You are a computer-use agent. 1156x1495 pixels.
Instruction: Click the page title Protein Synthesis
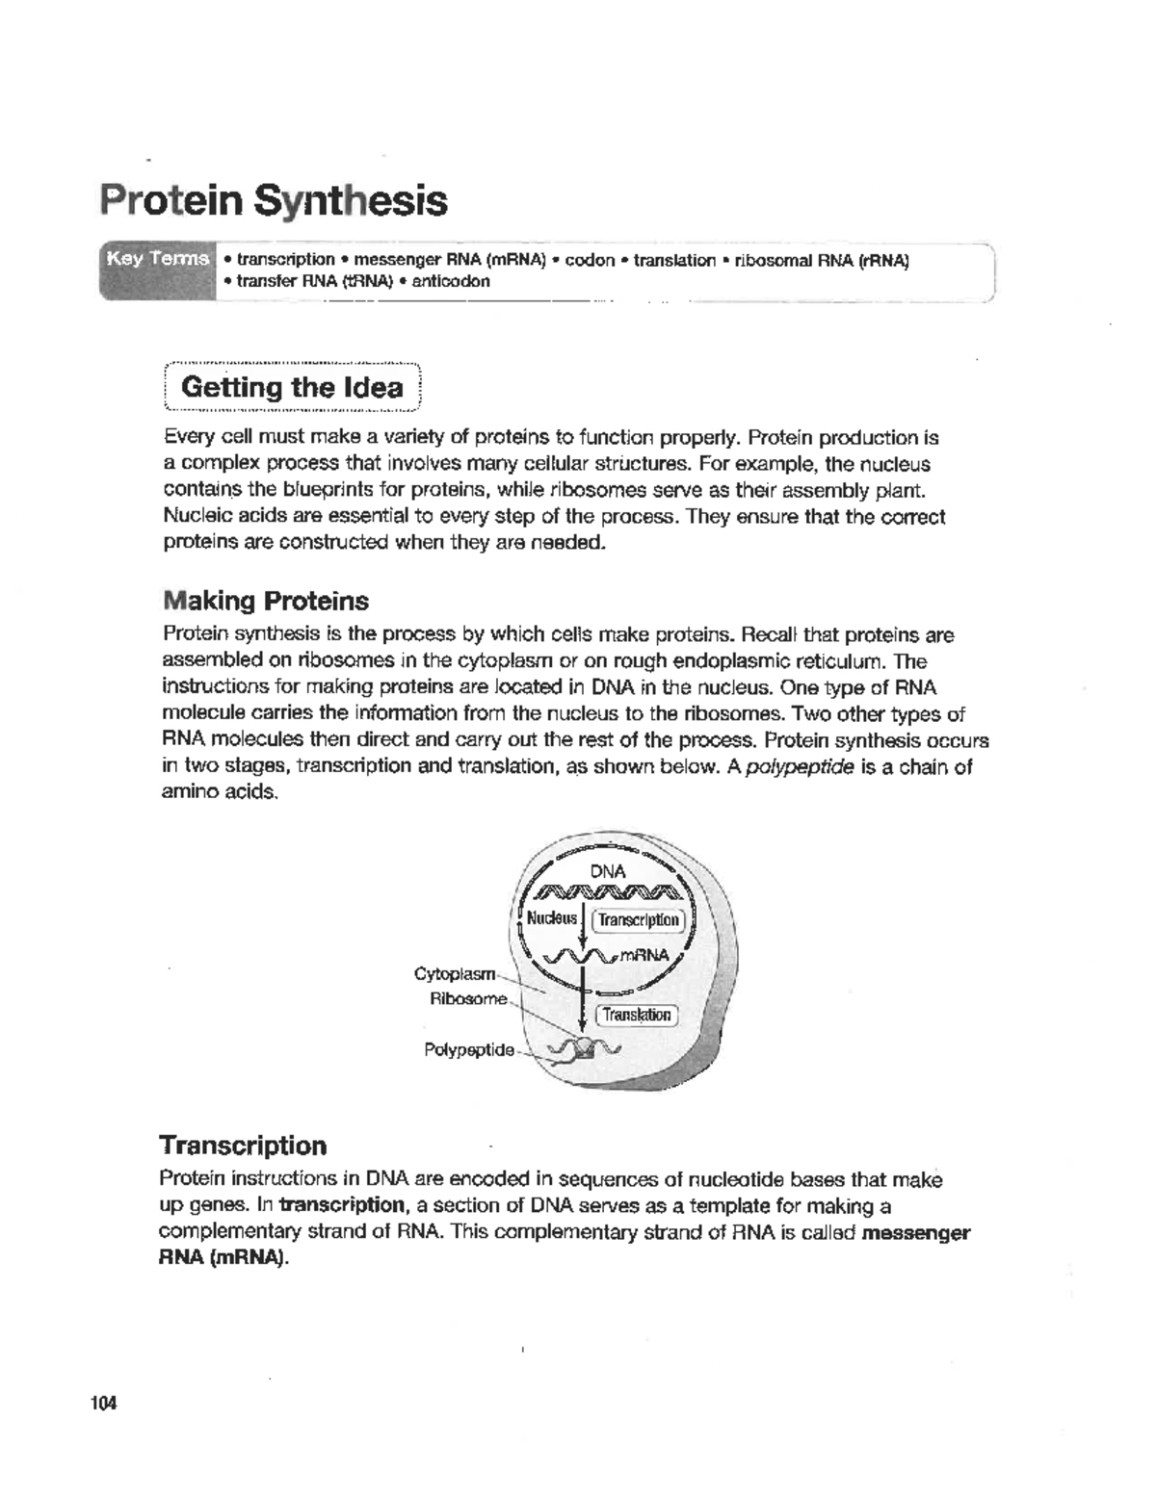[274, 201]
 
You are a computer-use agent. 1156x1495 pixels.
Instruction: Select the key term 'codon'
[590, 261]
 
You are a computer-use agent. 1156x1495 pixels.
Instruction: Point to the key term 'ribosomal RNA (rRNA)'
[822, 261]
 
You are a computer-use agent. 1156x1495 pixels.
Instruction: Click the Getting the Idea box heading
[292, 388]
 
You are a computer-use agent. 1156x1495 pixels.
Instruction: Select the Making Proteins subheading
[266, 601]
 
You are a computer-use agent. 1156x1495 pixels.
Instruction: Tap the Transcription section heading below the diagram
[243, 1145]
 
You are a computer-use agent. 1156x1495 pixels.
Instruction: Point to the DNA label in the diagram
[608, 871]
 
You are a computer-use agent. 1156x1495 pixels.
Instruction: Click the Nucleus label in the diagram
[551, 917]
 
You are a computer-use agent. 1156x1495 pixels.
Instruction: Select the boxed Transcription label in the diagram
[639, 920]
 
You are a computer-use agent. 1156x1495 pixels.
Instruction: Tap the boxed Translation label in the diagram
[637, 1015]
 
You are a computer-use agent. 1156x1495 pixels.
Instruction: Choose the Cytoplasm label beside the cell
[454, 973]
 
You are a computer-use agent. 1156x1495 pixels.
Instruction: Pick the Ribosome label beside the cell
[467, 998]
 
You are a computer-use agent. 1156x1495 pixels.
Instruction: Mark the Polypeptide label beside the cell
[469, 1049]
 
